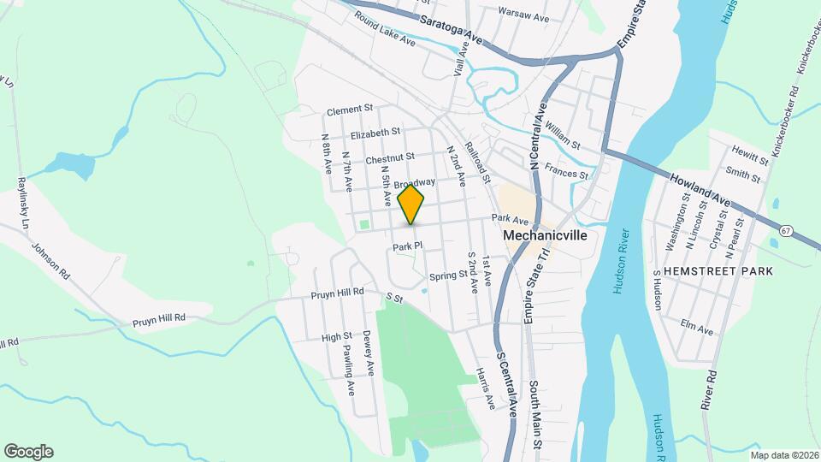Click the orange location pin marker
[x=411, y=204]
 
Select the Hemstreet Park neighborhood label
[x=724, y=271]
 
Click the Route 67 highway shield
[x=785, y=231]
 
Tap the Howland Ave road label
[x=700, y=187]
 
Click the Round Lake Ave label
[x=384, y=30]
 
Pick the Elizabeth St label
[x=375, y=133]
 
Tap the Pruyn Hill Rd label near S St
[x=337, y=292]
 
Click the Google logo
[x=28, y=452]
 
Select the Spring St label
[x=447, y=275]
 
